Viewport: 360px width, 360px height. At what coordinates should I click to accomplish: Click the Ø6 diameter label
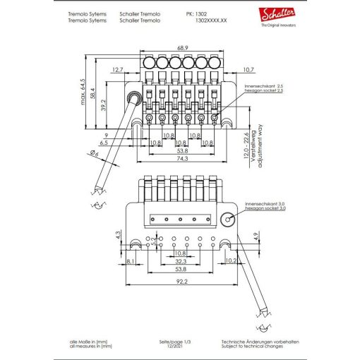[96, 153]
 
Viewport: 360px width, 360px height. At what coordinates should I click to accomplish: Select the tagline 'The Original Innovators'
[278, 25]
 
